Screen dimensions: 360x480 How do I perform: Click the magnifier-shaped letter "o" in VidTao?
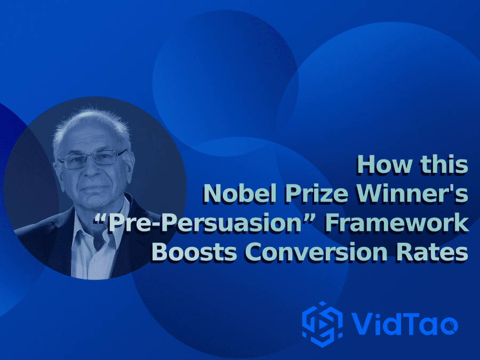[448, 324]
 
